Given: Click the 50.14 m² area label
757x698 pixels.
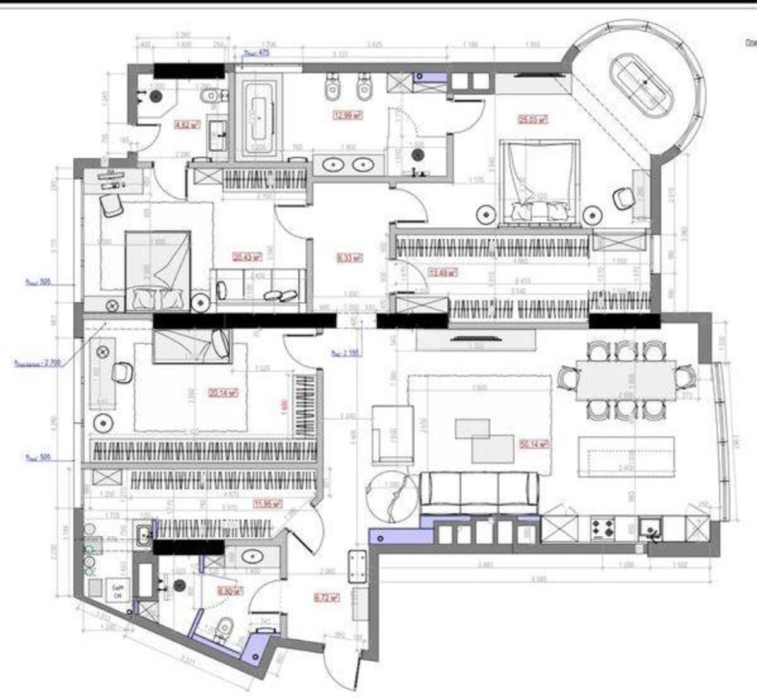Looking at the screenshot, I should [533, 444].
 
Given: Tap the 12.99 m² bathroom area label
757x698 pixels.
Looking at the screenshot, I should [348, 115].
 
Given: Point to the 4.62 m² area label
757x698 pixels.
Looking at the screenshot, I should [187, 125].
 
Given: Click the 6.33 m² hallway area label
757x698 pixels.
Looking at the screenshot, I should [348, 257].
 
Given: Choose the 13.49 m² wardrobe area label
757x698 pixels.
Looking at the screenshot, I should [443, 273].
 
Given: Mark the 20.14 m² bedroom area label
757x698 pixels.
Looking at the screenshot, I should [223, 393].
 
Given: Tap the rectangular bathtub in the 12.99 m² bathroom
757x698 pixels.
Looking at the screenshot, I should [259, 118].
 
